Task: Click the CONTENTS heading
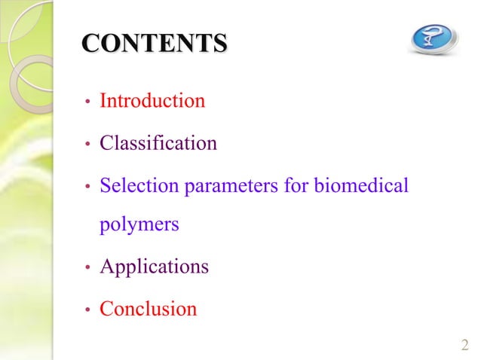click(x=154, y=42)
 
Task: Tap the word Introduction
click(x=152, y=100)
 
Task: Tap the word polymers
click(x=139, y=226)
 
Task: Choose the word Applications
click(x=155, y=267)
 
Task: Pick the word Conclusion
click(x=149, y=309)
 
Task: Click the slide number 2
click(x=464, y=345)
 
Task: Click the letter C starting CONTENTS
click(x=90, y=42)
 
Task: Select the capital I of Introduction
click(x=103, y=100)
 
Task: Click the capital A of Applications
click(x=107, y=267)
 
